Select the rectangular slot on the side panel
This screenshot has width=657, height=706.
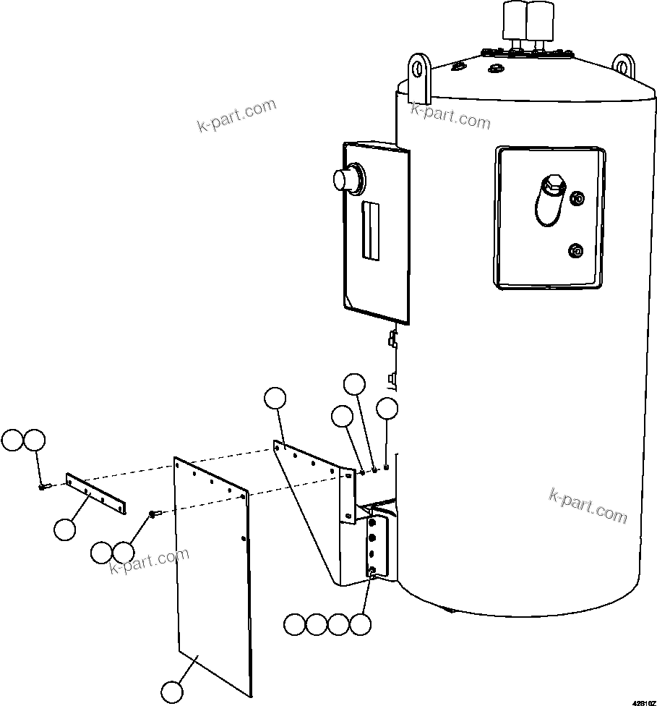click(x=370, y=230)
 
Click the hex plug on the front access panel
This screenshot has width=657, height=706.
click(x=552, y=185)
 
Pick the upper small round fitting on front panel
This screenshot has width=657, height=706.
click(x=577, y=198)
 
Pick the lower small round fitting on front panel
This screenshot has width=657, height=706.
click(x=575, y=250)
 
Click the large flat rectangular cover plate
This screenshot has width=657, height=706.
click(x=213, y=579)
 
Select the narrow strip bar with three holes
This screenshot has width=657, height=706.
click(x=95, y=494)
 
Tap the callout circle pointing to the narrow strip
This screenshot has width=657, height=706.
click(x=65, y=529)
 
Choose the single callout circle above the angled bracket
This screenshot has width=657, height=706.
click(x=275, y=398)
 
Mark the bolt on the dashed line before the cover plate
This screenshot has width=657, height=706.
click(x=154, y=514)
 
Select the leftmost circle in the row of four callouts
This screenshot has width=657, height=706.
click(x=294, y=624)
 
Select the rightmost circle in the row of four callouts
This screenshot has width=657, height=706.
click(x=360, y=624)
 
